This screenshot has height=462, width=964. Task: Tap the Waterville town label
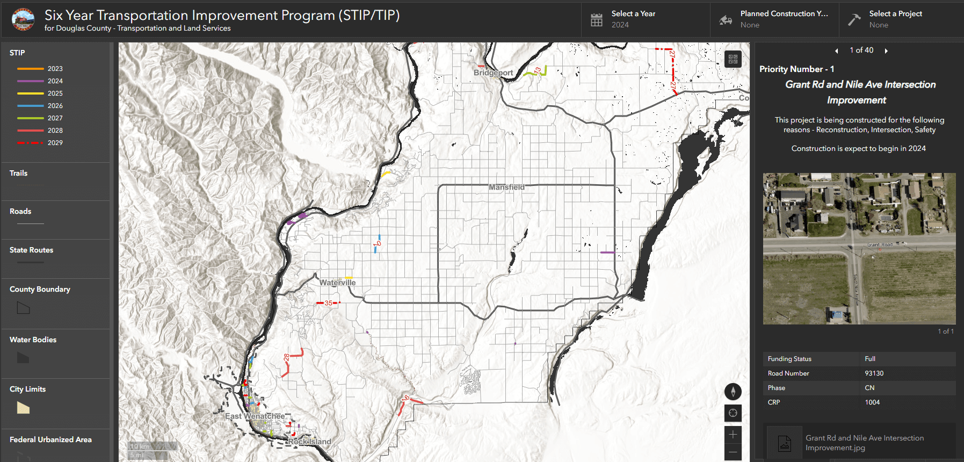337,283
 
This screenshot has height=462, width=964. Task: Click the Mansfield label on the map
506,187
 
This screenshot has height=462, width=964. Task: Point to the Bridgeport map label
493,73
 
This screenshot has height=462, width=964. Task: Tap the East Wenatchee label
255,416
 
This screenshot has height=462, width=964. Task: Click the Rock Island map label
309,442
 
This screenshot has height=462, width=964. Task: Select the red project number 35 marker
328,303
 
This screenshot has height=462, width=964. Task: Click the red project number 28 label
286,357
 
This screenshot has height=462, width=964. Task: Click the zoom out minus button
733,452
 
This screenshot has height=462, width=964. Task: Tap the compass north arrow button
733,392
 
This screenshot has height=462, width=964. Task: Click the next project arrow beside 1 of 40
886,51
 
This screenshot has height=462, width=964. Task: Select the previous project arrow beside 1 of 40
836,51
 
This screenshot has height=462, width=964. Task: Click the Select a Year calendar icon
597,20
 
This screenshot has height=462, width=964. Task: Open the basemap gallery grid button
733,59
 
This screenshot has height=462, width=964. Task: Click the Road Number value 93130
874,373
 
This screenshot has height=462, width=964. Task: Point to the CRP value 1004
872,402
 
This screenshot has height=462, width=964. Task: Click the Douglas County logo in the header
23,20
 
